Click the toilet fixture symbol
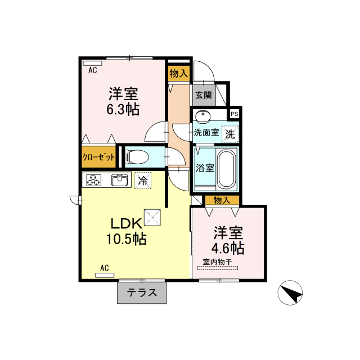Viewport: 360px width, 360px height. (x=137, y=157)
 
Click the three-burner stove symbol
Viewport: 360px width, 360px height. (x=94, y=180)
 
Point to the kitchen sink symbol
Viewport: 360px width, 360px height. (x=120, y=180)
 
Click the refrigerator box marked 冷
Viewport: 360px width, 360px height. (x=143, y=181)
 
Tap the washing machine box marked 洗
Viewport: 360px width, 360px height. (x=230, y=134)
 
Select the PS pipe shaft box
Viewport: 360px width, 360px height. (x=235, y=114)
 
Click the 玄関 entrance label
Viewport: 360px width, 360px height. (x=204, y=95)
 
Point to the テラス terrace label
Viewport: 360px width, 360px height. (x=142, y=292)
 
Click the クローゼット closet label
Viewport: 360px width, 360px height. (x=98, y=157)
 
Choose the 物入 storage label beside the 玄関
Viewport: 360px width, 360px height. (x=179, y=74)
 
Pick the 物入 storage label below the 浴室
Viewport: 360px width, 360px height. (x=222, y=200)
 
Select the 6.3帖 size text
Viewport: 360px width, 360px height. (x=123, y=110)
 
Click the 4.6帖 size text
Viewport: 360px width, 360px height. (x=228, y=248)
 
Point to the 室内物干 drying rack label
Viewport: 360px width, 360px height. (x=218, y=262)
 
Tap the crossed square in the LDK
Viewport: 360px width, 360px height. (x=152, y=218)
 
